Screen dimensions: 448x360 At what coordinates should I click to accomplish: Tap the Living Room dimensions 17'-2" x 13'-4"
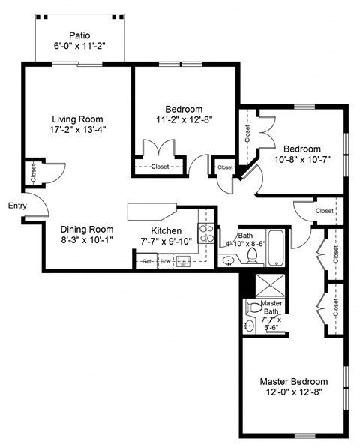tap(77, 130)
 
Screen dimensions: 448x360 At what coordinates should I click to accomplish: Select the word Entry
tap(17, 206)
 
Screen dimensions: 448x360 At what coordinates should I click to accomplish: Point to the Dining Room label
tap(88, 230)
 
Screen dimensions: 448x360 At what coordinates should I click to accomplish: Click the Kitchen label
tap(166, 230)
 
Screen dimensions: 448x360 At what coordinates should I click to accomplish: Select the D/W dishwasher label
tap(165, 262)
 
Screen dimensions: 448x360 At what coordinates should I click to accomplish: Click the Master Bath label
tap(271, 308)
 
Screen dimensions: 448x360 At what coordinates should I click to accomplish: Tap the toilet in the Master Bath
tap(253, 308)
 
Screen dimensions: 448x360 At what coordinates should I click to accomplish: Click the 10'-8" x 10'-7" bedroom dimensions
tap(301, 159)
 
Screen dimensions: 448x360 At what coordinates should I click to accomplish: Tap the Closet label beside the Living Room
tap(32, 172)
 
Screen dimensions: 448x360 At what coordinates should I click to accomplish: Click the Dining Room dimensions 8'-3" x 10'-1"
tap(88, 241)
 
